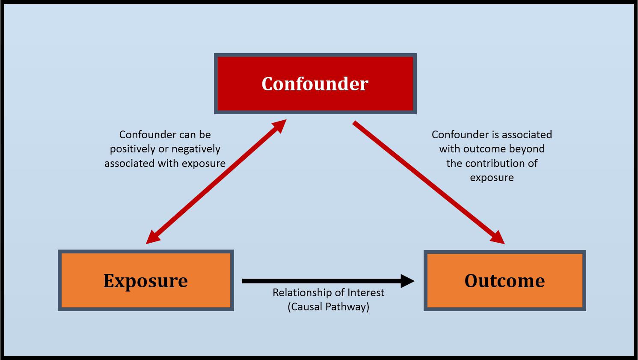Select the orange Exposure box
pyautogui.click(x=145, y=280)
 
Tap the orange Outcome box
pyautogui.click(x=504, y=280)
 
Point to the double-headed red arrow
pyautogui.click(x=216, y=181)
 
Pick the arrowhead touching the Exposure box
pyautogui.click(x=153, y=237)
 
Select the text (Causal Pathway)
pyautogui.click(x=329, y=307)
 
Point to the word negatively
pyautogui.click(x=197, y=149)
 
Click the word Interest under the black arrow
pyautogui.click(x=366, y=293)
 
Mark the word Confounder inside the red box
pyautogui.click(x=315, y=84)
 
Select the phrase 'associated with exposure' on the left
pyautogui.click(x=165, y=164)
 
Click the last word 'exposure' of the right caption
pyautogui.click(x=492, y=178)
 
